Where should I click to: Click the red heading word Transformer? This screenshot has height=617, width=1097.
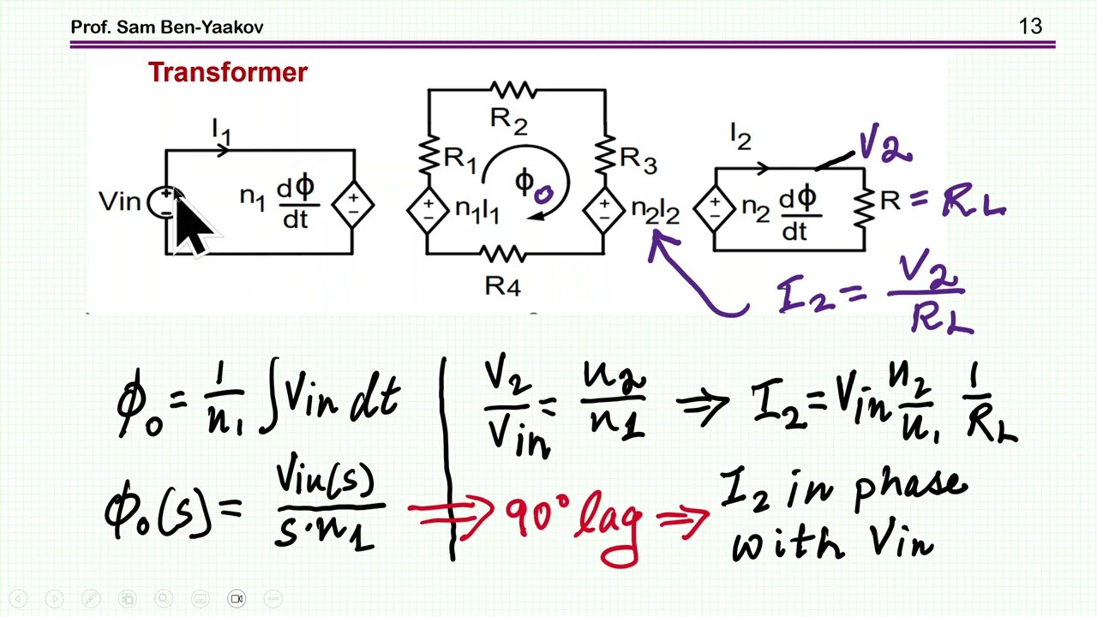(x=228, y=72)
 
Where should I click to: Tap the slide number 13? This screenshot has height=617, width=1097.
(x=1030, y=27)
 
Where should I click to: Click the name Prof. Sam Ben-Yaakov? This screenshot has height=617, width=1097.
(x=167, y=27)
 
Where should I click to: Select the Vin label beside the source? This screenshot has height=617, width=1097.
(x=119, y=201)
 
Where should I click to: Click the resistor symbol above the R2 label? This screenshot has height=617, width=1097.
(x=513, y=90)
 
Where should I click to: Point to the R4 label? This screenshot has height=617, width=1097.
(x=502, y=285)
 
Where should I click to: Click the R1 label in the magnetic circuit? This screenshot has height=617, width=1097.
(x=460, y=159)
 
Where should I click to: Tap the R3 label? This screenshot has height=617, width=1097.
(x=638, y=159)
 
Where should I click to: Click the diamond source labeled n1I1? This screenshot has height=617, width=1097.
(x=428, y=211)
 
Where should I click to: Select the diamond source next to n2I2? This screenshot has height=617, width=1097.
(x=604, y=211)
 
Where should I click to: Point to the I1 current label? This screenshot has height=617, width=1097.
(x=221, y=131)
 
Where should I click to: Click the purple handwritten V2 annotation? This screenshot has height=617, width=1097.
(x=885, y=144)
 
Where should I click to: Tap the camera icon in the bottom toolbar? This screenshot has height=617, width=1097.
(x=237, y=598)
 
